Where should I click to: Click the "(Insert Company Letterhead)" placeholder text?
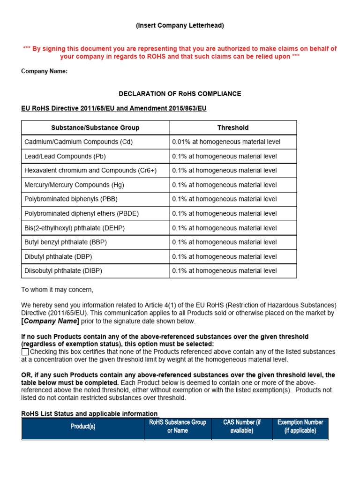(x=180, y=26)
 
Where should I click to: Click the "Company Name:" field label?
(x=45, y=71)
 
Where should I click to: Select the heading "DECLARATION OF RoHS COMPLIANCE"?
(x=180, y=94)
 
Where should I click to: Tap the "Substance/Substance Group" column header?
(x=95, y=127)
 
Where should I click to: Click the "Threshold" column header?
(x=232, y=127)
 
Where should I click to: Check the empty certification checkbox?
(x=25, y=352)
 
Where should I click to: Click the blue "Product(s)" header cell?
(x=83, y=427)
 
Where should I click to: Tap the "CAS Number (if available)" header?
(x=241, y=427)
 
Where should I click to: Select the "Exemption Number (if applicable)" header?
(x=300, y=427)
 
